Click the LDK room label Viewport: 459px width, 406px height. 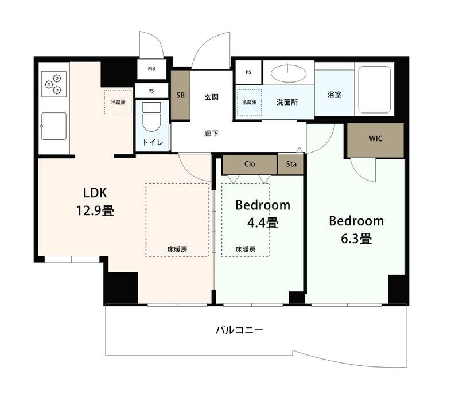(x=95, y=193)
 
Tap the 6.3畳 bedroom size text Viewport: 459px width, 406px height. (x=356, y=239)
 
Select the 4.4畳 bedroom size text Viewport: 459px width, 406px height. (x=263, y=223)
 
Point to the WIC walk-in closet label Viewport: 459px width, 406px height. (x=376, y=139)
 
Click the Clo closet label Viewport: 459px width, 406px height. (x=250, y=164)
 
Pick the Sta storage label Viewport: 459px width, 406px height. (x=291, y=164)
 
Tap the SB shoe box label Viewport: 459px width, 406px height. (x=181, y=95)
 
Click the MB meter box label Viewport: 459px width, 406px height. (x=151, y=68)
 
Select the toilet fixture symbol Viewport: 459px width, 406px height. (x=151, y=117)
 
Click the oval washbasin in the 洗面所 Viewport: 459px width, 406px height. (x=289, y=73)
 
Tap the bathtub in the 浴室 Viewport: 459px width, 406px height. (x=375, y=89)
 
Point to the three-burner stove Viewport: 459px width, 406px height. (x=54, y=84)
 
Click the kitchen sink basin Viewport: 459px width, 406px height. (x=54, y=126)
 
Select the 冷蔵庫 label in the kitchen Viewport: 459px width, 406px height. (x=118, y=103)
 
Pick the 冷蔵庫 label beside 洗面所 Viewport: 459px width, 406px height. (x=250, y=103)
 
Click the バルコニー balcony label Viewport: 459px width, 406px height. (x=239, y=330)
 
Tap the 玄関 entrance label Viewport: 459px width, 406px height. (x=211, y=97)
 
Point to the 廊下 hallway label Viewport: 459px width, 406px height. (x=211, y=134)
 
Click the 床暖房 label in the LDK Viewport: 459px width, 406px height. (x=177, y=249)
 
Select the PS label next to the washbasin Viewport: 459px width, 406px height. (x=248, y=72)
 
